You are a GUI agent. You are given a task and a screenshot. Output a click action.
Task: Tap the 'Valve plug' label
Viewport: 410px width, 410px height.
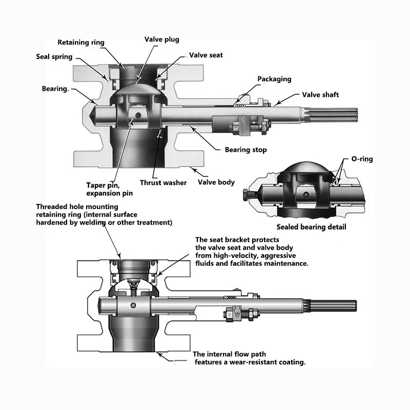(162, 39)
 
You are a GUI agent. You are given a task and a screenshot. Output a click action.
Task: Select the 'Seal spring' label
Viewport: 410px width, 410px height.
(54, 56)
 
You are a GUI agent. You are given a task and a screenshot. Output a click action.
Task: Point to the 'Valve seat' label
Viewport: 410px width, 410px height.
(206, 55)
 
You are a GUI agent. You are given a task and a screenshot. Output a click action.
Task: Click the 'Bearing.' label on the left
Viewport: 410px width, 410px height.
(55, 89)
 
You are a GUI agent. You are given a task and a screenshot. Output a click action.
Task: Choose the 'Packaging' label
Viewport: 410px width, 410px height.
(274, 79)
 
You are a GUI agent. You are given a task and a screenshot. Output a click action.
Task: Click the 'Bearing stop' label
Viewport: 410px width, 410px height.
(246, 150)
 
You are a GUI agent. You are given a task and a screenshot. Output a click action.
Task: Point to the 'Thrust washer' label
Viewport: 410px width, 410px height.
(163, 182)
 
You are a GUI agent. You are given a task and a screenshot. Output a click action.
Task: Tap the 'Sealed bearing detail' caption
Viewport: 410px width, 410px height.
(311, 227)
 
